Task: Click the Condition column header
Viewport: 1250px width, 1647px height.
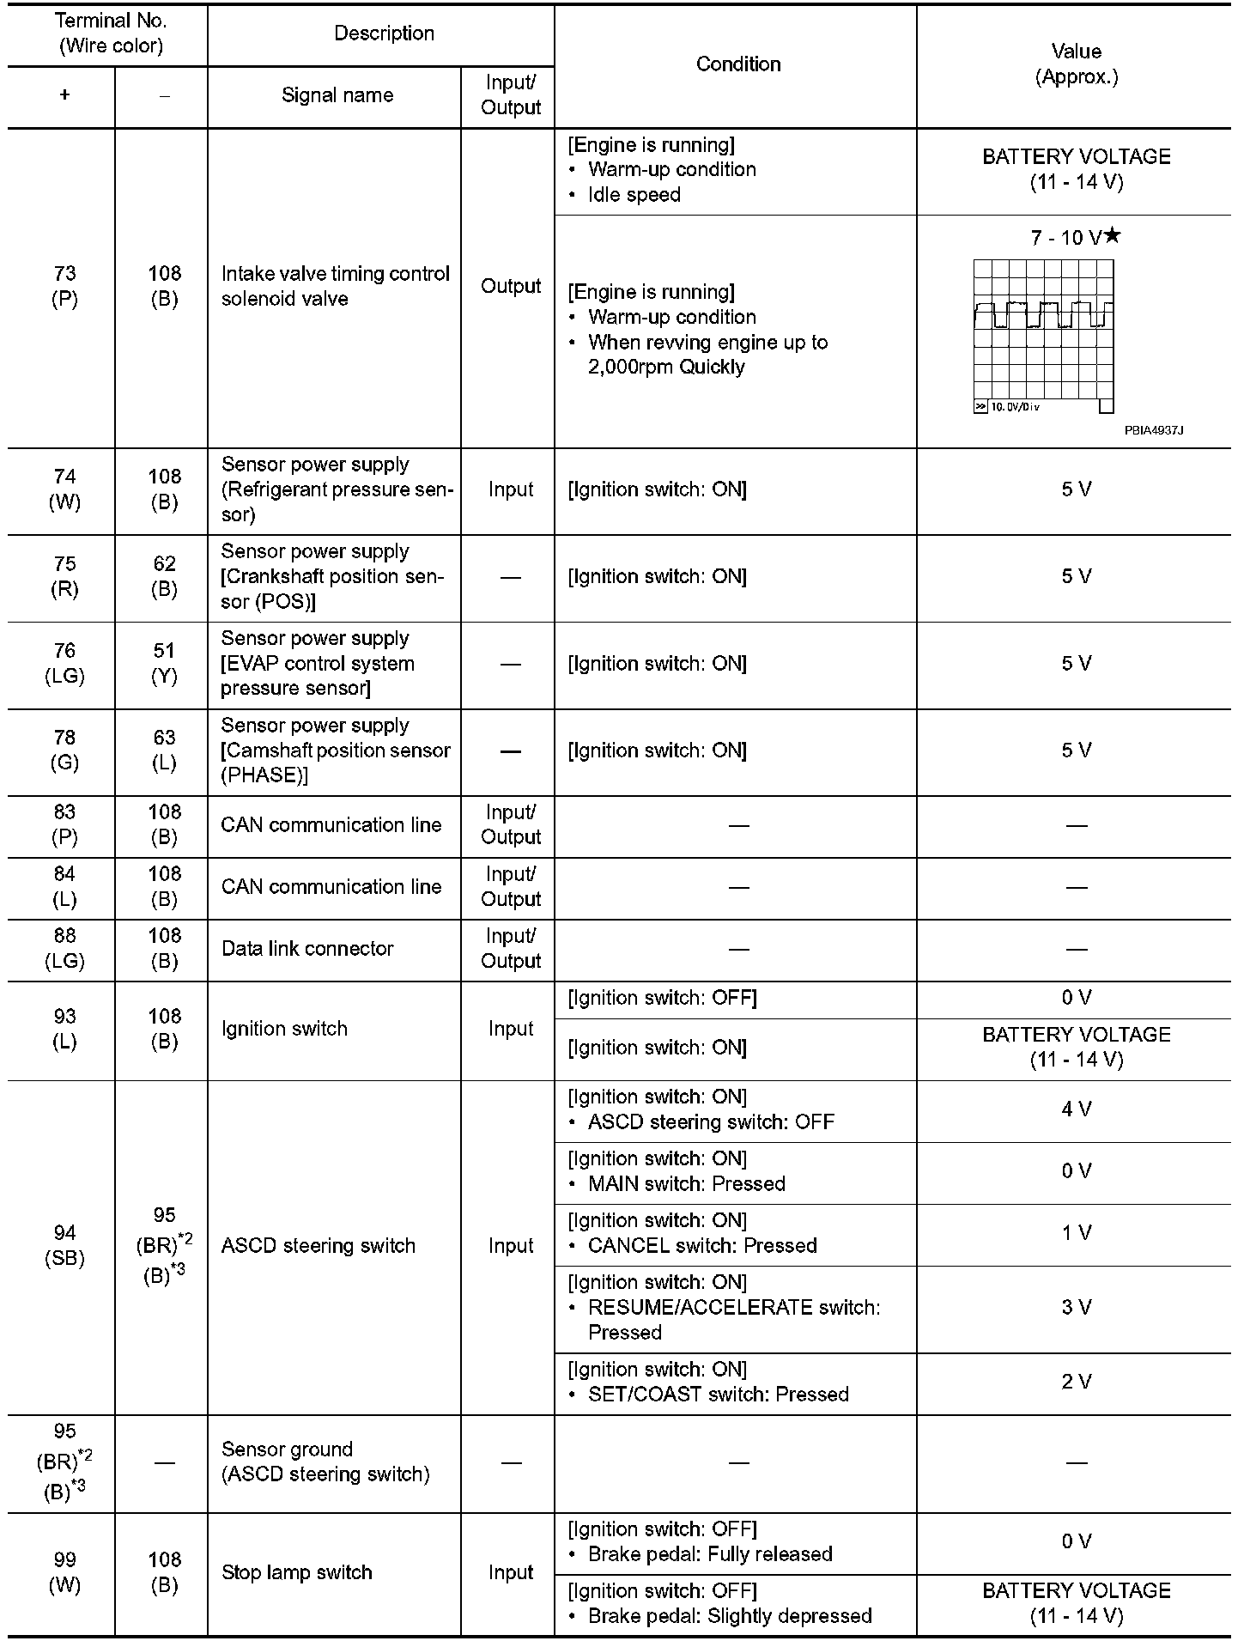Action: (737, 64)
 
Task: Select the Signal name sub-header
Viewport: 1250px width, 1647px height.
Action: (337, 95)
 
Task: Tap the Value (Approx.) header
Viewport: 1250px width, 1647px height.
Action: (1076, 64)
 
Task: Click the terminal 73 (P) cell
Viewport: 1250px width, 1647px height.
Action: (64, 286)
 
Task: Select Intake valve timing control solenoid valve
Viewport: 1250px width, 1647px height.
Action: (335, 286)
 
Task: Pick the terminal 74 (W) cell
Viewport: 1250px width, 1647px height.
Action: (64, 489)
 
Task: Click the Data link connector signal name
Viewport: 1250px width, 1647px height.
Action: (307, 949)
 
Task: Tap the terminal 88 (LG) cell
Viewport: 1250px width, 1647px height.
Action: (64, 949)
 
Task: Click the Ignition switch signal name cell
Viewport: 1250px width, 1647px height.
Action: (284, 1029)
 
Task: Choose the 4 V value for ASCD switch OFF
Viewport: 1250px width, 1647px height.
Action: (1076, 1109)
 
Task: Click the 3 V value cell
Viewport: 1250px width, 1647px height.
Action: (1076, 1307)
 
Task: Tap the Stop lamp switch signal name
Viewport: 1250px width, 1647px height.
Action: (296, 1572)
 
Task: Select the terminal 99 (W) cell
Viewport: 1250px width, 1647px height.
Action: (64, 1572)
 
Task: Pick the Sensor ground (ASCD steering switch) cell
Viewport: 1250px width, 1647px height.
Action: (325, 1462)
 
